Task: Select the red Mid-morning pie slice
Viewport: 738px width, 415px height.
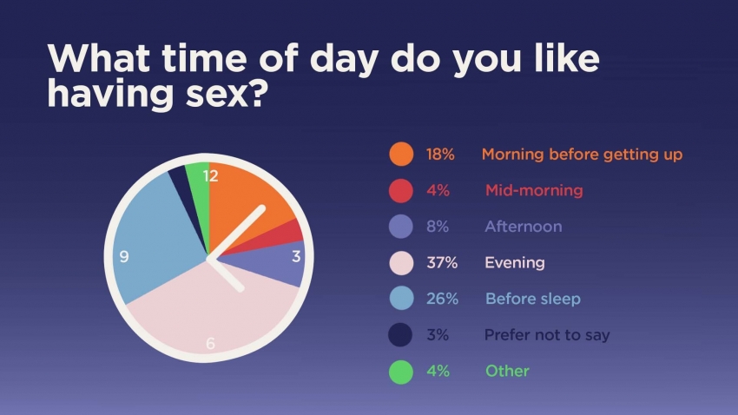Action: [278, 235]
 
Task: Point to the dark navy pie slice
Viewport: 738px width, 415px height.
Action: [181, 188]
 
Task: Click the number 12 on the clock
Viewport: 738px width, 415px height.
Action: [210, 176]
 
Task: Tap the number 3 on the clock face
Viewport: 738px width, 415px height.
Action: [295, 256]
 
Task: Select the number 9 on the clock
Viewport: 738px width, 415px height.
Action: [124, 256]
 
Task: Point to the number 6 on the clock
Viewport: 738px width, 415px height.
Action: [210, 344]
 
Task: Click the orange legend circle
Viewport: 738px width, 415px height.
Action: [401, 154]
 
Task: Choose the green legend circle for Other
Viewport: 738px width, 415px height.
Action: [401, 372]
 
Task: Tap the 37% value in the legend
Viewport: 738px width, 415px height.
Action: [442, 262]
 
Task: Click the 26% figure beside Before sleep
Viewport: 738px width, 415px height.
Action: [442, 299]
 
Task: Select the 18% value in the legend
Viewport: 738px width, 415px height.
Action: [440, 155]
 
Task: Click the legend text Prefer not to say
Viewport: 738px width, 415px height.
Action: [547, 335]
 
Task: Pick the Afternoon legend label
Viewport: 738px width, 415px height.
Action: [524, 227]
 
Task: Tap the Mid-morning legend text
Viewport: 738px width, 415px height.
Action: [534, 190]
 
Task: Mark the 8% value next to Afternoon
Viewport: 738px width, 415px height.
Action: [438, 227]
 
